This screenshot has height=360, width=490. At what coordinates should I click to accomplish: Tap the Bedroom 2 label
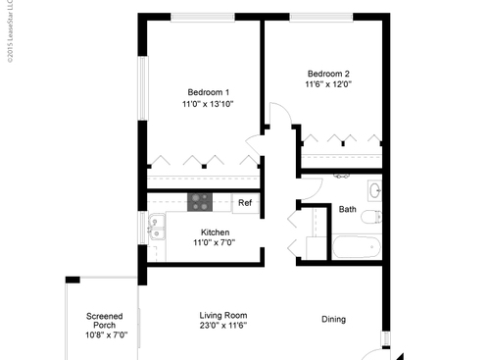coord(328,73)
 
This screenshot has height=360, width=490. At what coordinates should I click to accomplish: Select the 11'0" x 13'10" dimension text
coord(207,104)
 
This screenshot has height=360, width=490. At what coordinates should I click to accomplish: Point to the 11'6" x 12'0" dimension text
coord(328,84)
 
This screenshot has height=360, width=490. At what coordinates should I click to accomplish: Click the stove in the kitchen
coord(200,202)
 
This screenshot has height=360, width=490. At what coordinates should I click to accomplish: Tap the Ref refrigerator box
coord(245,203)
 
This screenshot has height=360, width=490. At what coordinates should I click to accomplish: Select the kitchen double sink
coord(155,229)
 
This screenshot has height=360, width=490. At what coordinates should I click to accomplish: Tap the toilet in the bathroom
coord(370,217)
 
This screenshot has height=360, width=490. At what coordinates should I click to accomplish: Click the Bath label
coord(348,209)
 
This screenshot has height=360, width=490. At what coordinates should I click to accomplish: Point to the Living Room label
coord(221,314)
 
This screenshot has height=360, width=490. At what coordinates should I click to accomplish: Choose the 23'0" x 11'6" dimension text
coord(221,326)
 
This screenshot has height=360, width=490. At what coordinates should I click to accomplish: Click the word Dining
coord(334,318)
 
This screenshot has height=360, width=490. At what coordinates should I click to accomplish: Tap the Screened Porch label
coord(104,321)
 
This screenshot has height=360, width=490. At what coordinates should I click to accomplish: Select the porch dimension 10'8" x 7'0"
coord(104,335)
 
